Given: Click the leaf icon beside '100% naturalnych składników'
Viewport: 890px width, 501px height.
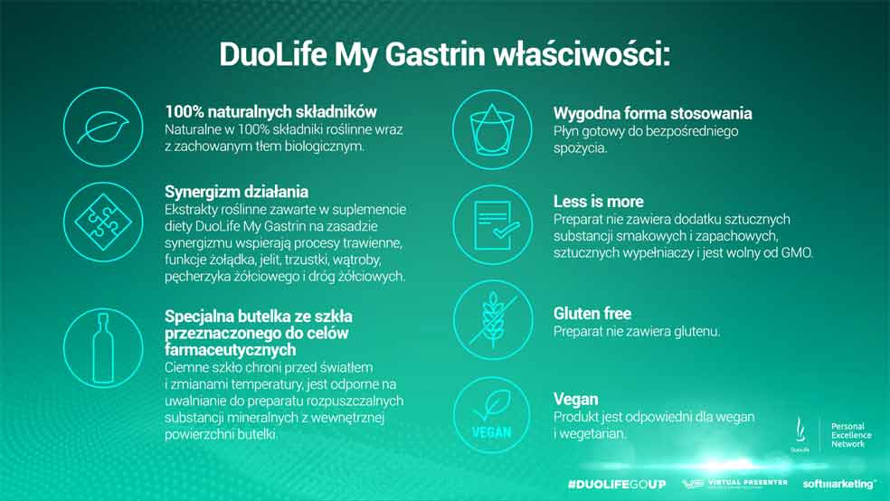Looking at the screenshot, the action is point(103,128).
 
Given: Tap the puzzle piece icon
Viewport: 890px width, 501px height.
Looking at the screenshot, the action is point(103,222).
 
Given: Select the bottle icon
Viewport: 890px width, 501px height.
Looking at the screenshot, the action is point(103,348).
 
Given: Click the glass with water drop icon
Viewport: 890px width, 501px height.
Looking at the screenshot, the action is point(492,129).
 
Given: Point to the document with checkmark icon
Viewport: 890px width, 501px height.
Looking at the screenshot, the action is point(492,224).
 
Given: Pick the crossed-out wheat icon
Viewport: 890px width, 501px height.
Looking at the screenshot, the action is point(492,320).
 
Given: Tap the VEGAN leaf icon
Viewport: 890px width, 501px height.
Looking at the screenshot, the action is point(492,415).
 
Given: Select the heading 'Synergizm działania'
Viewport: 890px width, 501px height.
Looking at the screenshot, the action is point(237,191).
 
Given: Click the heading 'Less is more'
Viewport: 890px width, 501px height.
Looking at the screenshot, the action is point(598,202).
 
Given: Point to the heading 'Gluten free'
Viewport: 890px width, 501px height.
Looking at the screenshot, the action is point(592,314).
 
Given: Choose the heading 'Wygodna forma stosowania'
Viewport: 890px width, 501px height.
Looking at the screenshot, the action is point(653,113).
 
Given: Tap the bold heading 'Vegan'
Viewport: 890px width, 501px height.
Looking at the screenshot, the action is point(575,400).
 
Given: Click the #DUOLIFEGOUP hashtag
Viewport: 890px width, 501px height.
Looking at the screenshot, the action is point(617,484).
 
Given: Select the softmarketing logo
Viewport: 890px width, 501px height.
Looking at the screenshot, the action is point(839,484).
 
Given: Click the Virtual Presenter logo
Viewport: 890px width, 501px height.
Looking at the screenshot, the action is point(734,484).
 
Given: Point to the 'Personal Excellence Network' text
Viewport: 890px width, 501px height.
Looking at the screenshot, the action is point(851,435).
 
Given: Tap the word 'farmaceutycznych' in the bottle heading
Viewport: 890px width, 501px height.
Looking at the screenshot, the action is point(231,349).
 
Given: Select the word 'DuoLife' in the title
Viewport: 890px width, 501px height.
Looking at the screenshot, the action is point(272,55).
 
